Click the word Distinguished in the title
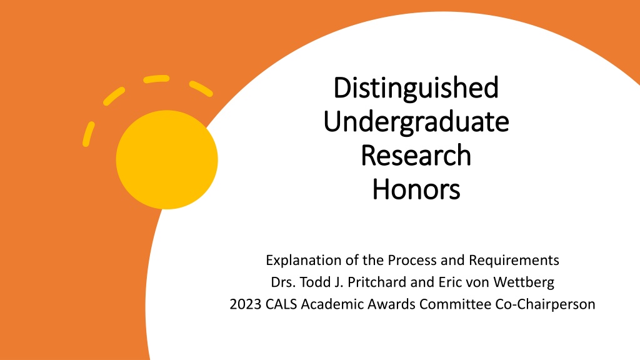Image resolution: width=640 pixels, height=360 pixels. pyautogui.click(x=416, y=87)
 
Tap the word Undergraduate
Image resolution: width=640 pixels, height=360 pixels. pyautogui.click(x=416, y=122)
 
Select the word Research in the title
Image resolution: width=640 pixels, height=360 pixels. pyautogui.click(x=416, y=155)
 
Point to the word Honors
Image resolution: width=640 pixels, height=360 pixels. pyautogui.click(x=416, y=189)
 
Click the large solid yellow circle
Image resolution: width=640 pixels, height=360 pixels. pyautogui.click(x=167, y=159)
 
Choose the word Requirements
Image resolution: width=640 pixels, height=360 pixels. pyautogui.click(x=514, y=261)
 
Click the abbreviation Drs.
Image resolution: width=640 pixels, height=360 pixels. pyautogui.click(x=283, y=282)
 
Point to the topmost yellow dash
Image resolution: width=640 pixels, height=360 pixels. pyautogui.click(x=156, y=78)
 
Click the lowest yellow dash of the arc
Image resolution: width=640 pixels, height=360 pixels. pyautogui.click(x=88, y=134)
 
